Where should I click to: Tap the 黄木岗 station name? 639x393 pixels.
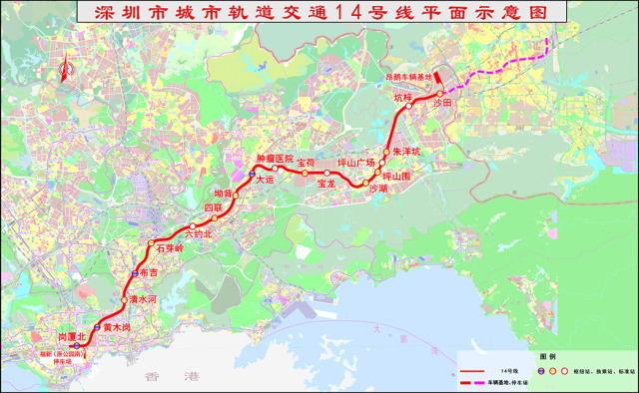[117, 326]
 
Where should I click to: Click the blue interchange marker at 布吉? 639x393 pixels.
[135, 272]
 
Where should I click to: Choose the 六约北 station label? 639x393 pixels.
[200, 233]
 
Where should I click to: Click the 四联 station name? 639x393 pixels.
[214, 207]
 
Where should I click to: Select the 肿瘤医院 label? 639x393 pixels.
[275, 159]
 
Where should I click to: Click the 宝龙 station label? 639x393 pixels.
[326, 184]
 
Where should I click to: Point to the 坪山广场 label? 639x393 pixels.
[355, 163]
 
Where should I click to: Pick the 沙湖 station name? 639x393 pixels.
[377, 188]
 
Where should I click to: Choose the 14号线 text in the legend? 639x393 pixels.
[516, 369]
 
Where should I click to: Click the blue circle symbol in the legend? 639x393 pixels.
[541, 369]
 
